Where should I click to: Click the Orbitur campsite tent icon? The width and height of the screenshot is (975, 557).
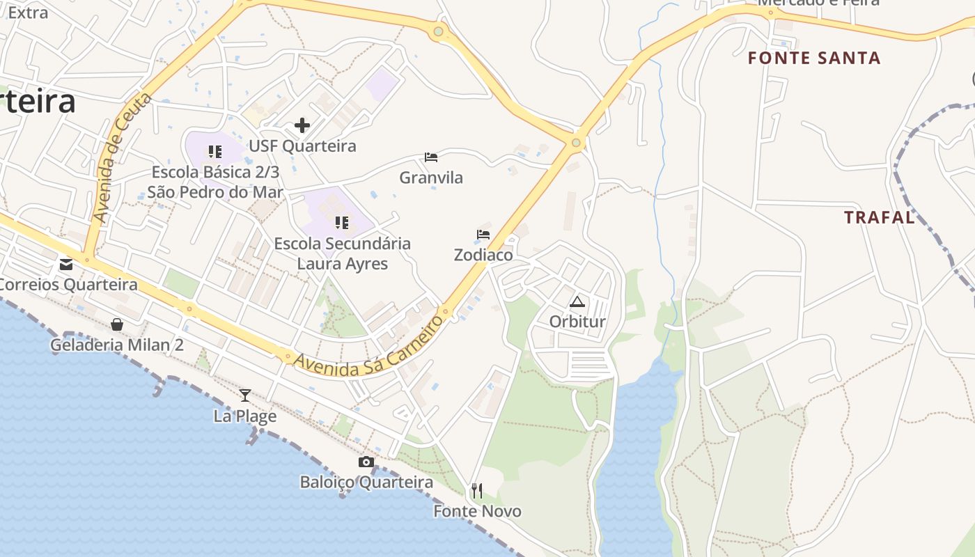click(x=577, y=301)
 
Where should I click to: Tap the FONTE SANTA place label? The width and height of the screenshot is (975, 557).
click(x=814, y=58)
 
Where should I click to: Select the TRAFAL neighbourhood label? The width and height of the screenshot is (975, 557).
click(x=879, y=218)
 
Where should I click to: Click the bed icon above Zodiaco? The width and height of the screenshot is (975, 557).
click(x=483, y=235)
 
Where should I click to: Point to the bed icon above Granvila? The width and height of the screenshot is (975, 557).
click(x=431, y=157)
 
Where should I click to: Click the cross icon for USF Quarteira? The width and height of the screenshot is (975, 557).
click(x=302, y=125)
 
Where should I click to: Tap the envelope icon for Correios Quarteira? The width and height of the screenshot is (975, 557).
click(x=66, y=264)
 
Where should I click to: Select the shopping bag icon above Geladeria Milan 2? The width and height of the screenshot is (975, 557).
click(x=117, y=324)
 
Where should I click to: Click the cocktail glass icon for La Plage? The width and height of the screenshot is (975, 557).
click(x=245, y=395)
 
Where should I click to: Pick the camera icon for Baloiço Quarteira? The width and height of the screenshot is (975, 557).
click(x=366, y=462)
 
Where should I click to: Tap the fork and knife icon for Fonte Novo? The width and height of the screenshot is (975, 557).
click(x=477, y=491)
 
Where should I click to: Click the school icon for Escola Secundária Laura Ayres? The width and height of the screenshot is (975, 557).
click(x=342, y=223)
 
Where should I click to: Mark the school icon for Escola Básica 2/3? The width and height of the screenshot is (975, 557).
click(x=215, y=151)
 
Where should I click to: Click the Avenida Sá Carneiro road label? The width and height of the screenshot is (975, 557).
click(x=368, y=347)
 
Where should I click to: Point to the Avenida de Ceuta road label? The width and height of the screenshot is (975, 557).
click(x=123, y=159)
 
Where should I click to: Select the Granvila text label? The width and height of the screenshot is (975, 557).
click(x=431, y=178)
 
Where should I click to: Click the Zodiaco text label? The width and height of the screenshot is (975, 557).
click(x=483, y=256)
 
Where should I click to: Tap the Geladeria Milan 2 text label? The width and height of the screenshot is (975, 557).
click(x=117, y=345)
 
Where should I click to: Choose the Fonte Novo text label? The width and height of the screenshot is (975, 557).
click(x=477, y=512)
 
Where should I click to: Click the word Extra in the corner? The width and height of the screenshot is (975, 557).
click(x=28, y=13)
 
